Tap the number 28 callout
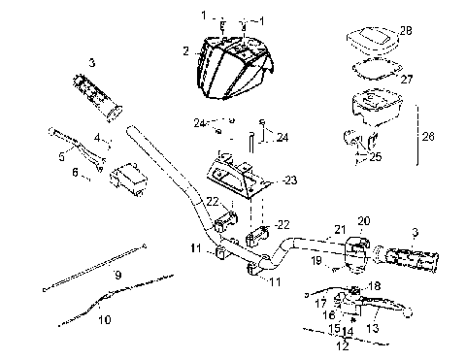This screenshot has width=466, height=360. (406, 32)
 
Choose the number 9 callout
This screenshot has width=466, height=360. (117, 276)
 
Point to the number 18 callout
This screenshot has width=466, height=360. (376, 286)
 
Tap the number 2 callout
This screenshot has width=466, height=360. (184, 48)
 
